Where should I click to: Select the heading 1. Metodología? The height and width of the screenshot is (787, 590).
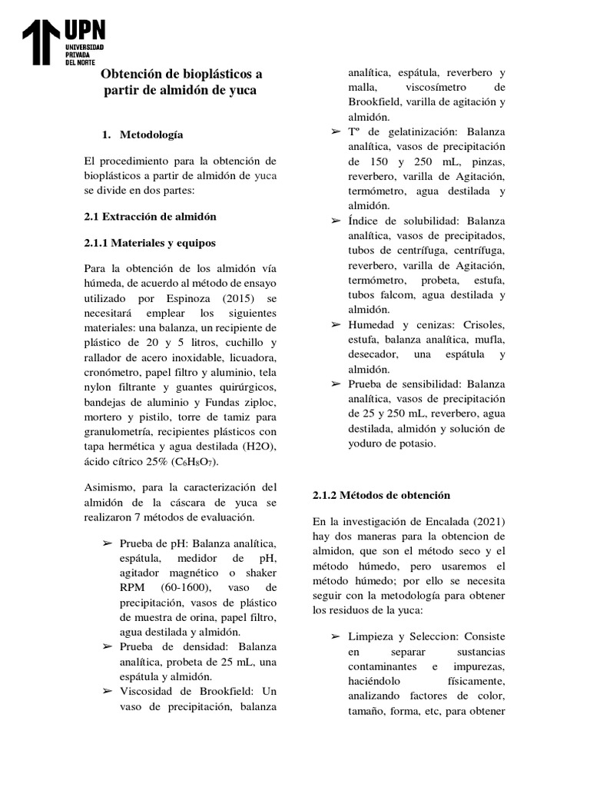tap(143, 134)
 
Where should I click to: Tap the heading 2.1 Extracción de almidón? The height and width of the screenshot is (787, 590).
tap(150, 216)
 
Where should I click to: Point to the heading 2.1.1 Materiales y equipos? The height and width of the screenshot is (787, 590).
tap(150, 242)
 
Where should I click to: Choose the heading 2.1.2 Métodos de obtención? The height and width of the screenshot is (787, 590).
tap(381, 495)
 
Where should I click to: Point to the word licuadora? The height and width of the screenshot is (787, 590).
tap(250, 358)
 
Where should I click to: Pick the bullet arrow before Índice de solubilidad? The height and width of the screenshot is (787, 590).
tap(335, 221)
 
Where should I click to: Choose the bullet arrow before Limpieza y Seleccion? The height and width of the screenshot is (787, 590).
tap(335, 637)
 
